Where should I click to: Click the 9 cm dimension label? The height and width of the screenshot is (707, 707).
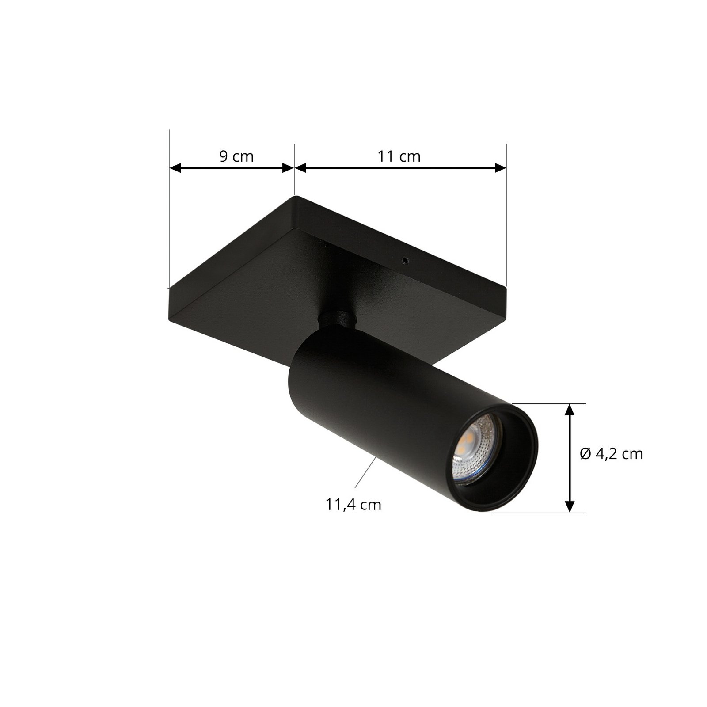click(x=236, y=156)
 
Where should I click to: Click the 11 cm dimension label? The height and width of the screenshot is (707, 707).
click(x=399, y=156)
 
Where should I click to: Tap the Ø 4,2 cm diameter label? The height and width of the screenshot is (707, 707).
click(x=612, y=453)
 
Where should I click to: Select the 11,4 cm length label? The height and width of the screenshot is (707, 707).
click(x=353, y=505)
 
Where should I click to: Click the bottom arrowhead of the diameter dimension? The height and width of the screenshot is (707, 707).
click(x=570, y=506)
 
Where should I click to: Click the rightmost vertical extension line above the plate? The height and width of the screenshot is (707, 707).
click(x=506, y=212)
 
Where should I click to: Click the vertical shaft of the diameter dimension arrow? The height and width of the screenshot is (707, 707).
click(x=570, y=458)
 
